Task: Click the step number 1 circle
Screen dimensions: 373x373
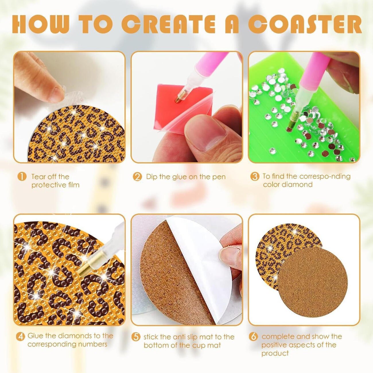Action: point(22,177)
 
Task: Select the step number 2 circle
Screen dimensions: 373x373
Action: point(137,177)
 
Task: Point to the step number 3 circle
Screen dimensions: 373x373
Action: point(255,176)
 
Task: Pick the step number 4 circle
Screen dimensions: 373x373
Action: point(20,336)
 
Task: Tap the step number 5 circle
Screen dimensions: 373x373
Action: point(136,337)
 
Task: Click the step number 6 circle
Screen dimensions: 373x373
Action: point(253,336)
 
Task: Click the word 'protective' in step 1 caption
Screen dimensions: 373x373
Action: point(46,185)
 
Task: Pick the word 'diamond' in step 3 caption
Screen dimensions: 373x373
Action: point(299,184)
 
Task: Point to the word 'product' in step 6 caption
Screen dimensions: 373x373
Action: point(275,353)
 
